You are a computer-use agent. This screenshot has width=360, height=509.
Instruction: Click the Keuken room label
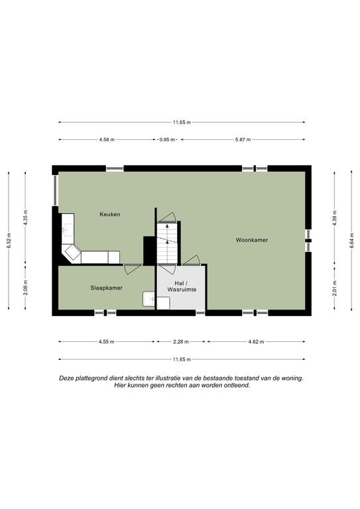tap(109, 214)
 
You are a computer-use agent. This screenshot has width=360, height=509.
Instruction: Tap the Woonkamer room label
tap(252, 240)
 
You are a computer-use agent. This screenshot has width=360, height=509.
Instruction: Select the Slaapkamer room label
tap(107, 288)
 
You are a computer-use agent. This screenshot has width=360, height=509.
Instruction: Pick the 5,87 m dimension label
tap(243, 140)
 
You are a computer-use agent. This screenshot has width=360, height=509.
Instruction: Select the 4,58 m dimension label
tap(107, 140)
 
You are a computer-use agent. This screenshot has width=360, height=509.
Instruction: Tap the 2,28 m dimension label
tap(181, 341)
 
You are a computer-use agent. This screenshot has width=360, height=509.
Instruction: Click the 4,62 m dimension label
tap(256, 341)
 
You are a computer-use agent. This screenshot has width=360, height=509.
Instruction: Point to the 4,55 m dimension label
tap(107, 341)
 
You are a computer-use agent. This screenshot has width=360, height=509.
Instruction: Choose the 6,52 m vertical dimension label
tap(9, 241)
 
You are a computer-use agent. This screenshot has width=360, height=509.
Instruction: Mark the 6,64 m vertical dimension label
tap(351, 241)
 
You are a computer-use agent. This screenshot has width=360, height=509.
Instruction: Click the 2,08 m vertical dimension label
tap(26, 288)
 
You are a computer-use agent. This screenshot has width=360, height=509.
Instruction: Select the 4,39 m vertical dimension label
tap(335, 218)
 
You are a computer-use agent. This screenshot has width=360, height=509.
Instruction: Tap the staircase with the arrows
tap(167, 243)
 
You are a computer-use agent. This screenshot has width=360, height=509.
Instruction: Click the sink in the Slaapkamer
tap(149, 299)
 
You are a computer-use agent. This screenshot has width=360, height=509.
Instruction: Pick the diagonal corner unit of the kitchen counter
tap(72, 253)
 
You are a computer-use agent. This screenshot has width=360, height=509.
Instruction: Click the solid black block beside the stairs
tap(149, 251)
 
